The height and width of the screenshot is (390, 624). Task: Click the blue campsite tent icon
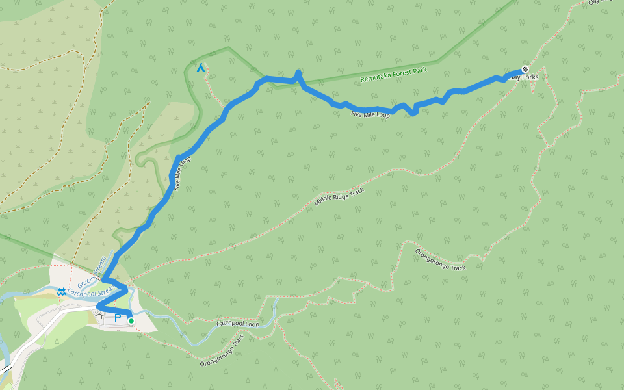pyautogui.click(x=201, y=68)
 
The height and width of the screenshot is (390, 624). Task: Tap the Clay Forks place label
pyautogui.click(x=524, y=77)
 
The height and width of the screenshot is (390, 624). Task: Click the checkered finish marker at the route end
pyautogui.click(x=525, y=69)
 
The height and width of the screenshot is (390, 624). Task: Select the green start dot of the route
pyautogui.click(x=131, y=320)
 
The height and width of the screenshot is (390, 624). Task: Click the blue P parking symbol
pyautogui.click(x=118, y=318)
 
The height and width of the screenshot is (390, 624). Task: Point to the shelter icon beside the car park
pyautogui.click(x=99, y=317)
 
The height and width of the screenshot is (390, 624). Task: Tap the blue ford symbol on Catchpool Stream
pyautogui.click(x=61, y=292)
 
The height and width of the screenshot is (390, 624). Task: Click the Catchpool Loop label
pyautogui.click(x=238, y=322)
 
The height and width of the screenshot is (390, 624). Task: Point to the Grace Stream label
pyautogui.click(x=92, y=272)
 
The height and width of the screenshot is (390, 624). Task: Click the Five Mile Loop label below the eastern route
pyautogui.click(x=370, y=114)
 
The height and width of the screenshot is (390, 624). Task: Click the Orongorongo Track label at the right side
pyautogui.click(x=440, y=259)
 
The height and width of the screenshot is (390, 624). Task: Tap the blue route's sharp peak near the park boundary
pyautogui.click(x=298, y=72)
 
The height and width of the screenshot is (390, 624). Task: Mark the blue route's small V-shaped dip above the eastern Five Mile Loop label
pyautogui.click(x=414, y=114)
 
